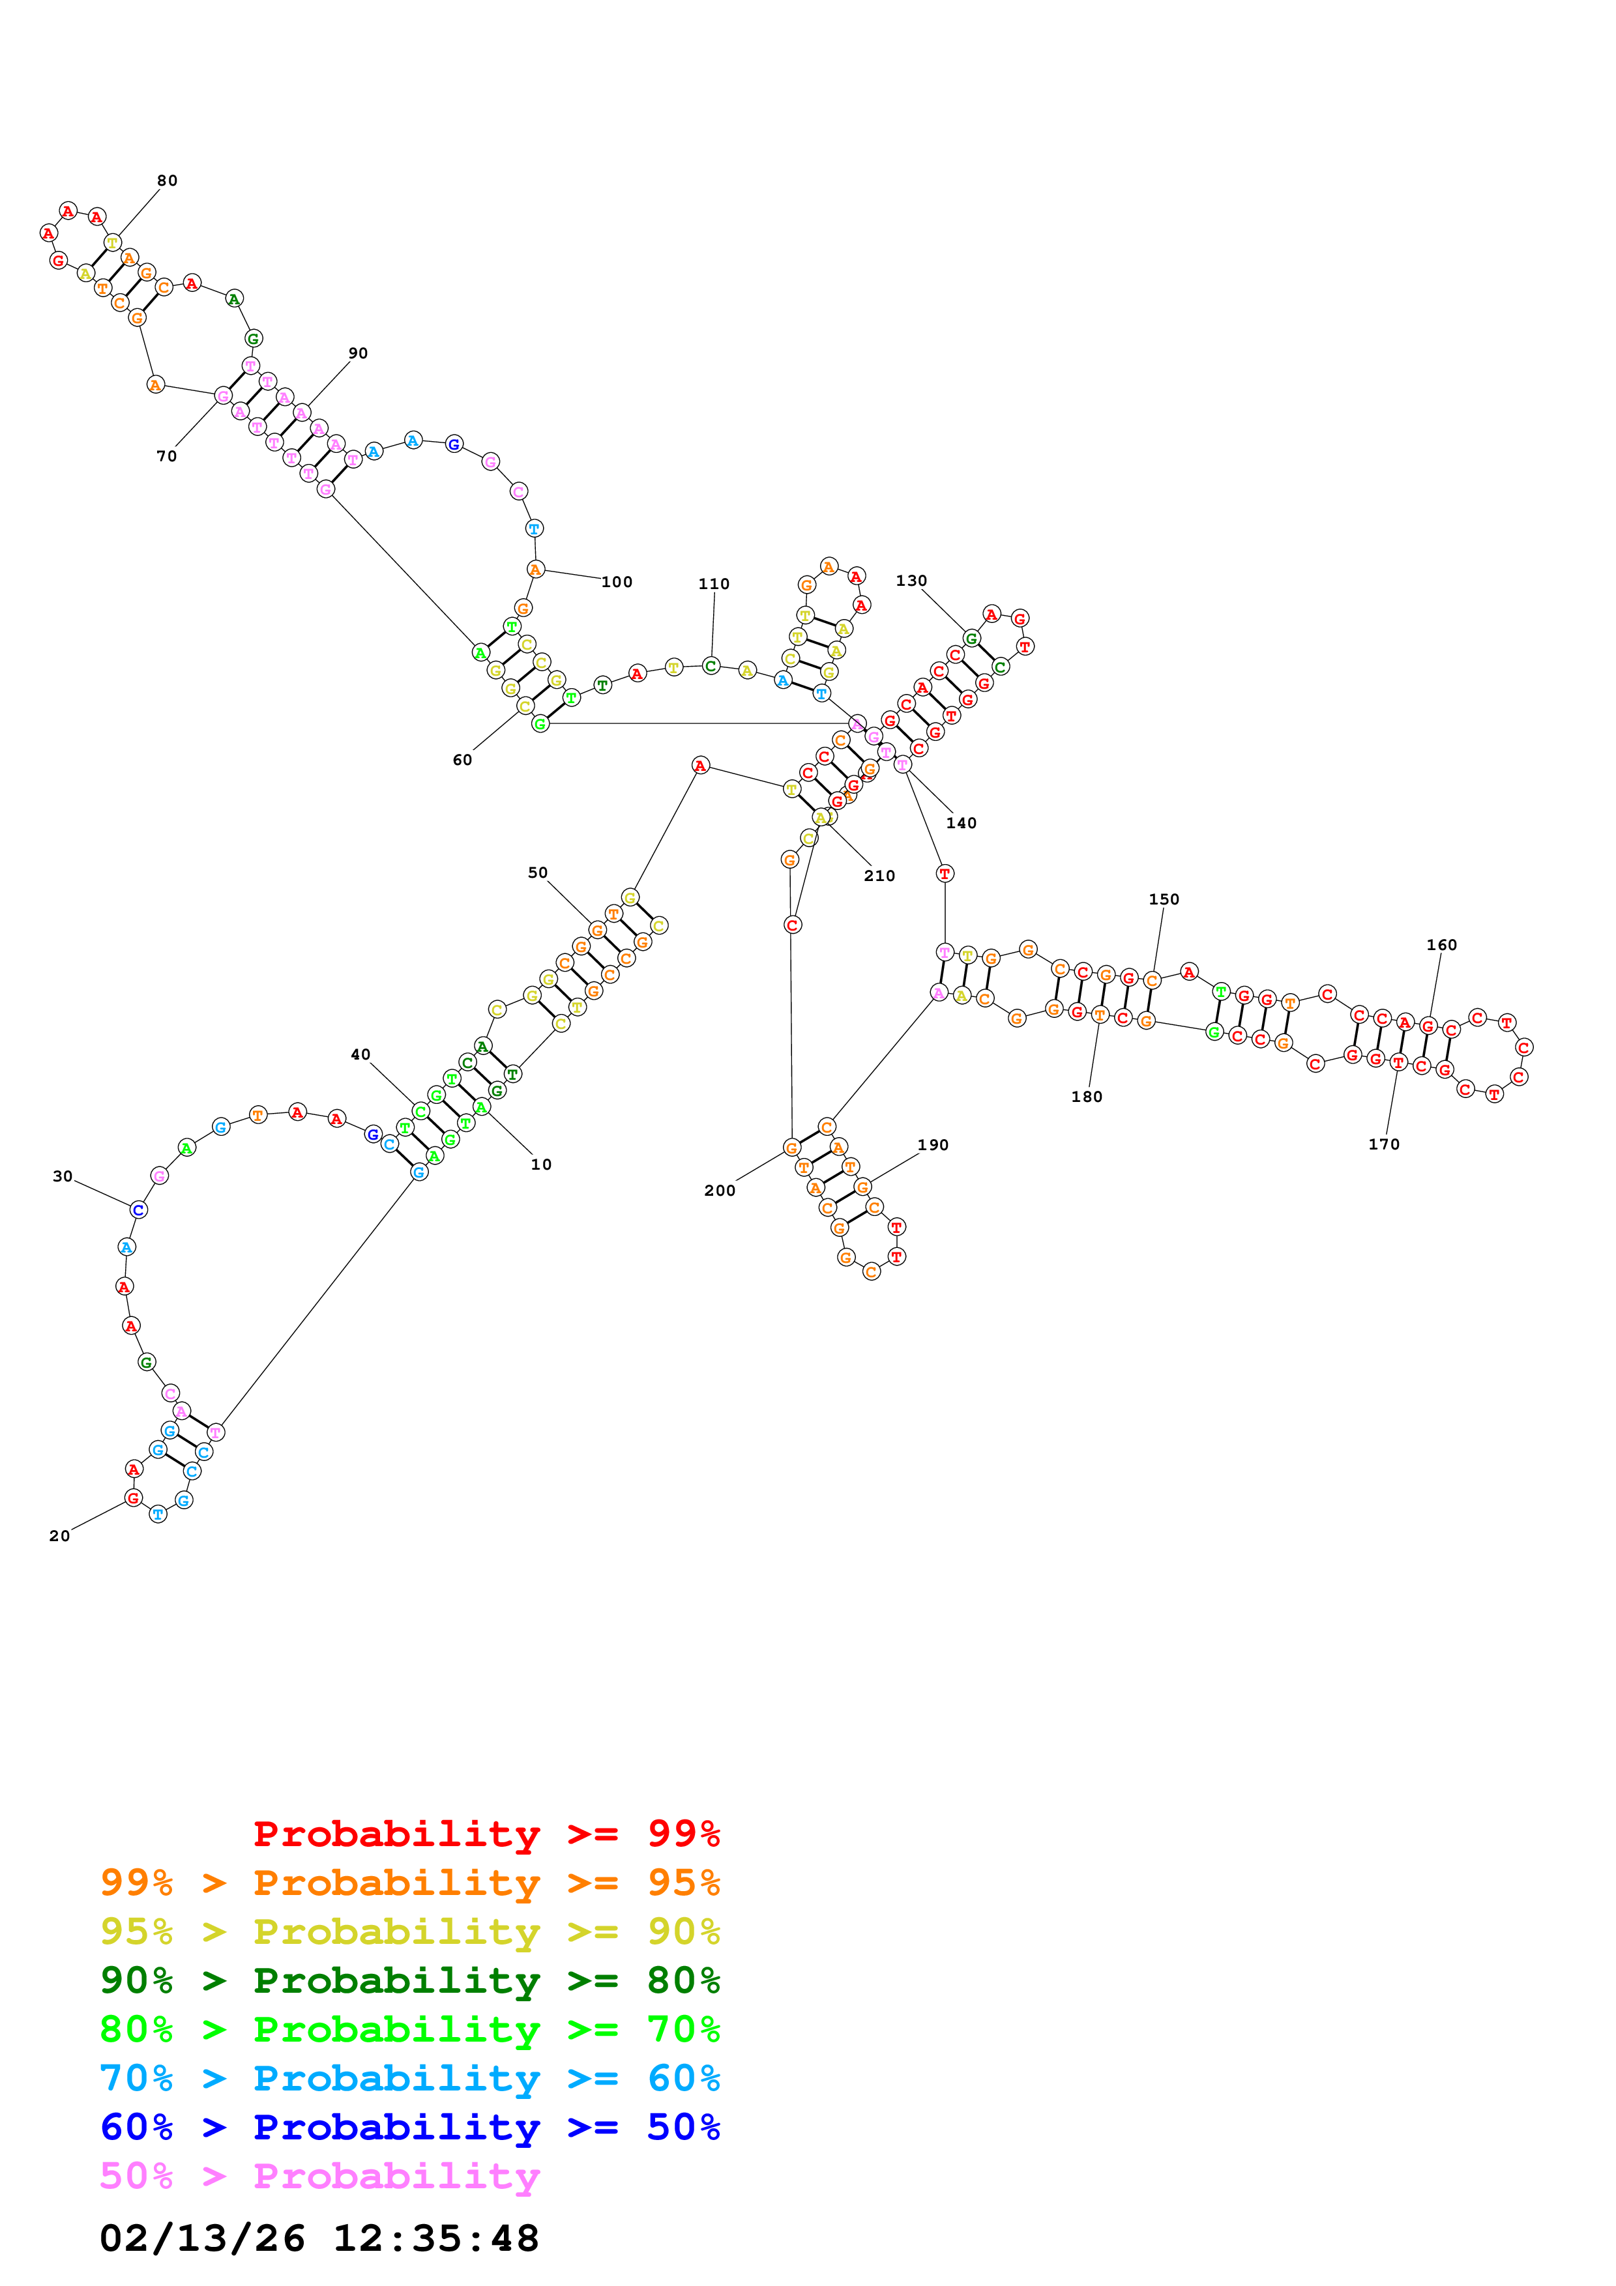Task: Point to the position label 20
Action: (x=60, y=1535)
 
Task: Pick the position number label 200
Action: (x=719, y=1190)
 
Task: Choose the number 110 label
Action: (x=713, y=583)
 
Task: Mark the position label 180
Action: (x=1086, y=1096)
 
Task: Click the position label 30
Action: (x=63, y=1176)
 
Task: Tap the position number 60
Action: (x=462, y=760)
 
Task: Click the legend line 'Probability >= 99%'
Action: (x=486, y=1833)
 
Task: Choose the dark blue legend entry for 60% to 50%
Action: (x=409, y=2127)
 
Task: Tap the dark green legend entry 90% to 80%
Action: (x=409, y=1980)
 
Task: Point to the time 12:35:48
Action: (x=435, y=2238)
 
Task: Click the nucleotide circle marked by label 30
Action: (x=138, y=1209)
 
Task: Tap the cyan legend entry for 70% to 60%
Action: (x=409, y=2078)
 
